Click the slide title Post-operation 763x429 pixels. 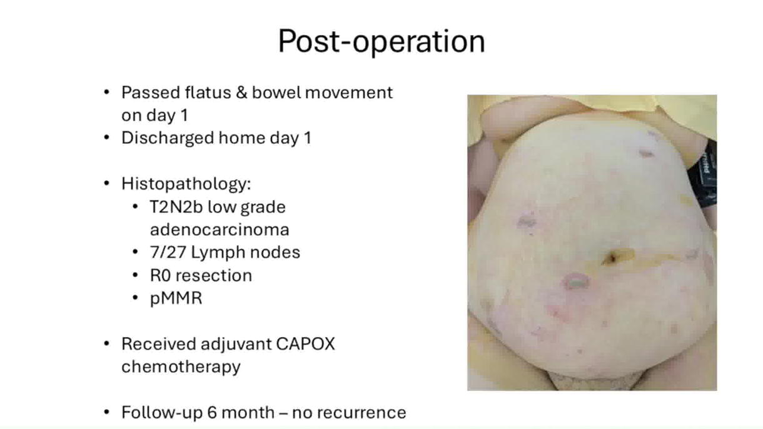click(381, 41)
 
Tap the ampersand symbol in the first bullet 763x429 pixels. click(241, 93)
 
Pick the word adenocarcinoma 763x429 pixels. click(220, 230)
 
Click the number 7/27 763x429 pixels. click(168, 253)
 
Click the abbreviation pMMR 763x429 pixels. click(176, 298)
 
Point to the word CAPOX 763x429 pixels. click(305, 344)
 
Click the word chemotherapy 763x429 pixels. click(181, 367)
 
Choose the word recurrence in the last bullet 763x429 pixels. click(349, 413)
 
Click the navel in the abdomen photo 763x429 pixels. click(610, 258)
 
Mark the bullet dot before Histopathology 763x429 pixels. click(106, 183)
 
